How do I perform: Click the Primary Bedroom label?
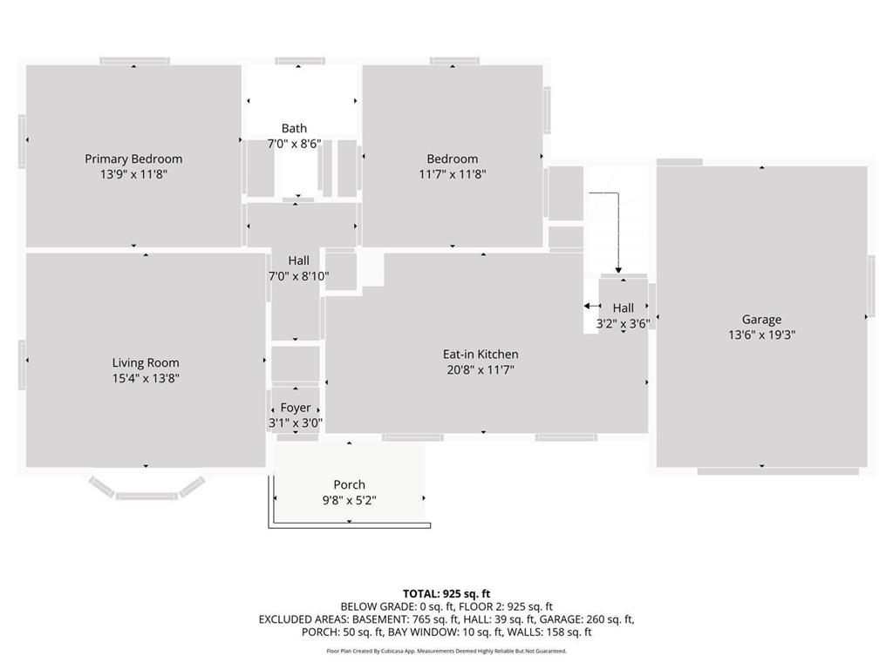point(133,159)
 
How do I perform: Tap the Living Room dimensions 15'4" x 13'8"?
point(146,378)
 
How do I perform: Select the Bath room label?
point(294,128)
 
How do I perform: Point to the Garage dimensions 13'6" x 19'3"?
point(761,334)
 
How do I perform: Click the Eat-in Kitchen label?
point(481,354)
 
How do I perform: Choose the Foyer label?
point(295,408)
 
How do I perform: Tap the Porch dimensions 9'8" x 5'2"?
point(349,500)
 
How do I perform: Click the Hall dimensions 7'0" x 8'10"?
point(297,276)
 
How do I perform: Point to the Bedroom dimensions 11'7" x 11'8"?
point(452,174)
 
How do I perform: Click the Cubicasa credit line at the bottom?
point(446,651)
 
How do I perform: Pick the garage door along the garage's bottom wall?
point(761,471)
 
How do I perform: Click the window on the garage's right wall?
point(870,287)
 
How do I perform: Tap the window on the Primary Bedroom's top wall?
point(134,61)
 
